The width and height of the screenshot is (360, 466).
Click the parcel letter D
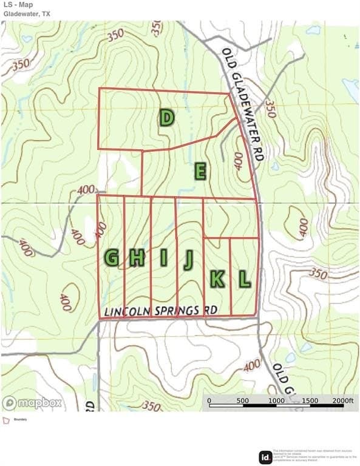[x=167, y=117]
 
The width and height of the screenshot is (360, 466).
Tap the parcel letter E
[x=200, y=172]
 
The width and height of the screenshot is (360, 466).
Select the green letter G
[x=111, y=258]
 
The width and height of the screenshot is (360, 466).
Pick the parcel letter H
[x=137, y=258]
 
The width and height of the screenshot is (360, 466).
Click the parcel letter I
[x=163, y=258]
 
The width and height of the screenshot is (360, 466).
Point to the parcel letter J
[x=188, y=259]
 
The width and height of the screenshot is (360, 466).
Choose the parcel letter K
[x=217, y=279]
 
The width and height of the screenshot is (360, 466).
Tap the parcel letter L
[x=244, y=279]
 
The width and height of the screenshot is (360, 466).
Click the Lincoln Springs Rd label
[x=161, y=311]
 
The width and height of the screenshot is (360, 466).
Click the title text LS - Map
[x=19, y=5]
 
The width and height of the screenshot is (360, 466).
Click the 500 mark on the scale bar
[x=243, y=400]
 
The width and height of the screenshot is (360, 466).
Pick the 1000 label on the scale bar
[x=276, y=400]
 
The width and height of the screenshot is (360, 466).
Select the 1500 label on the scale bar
[x=310, y=400]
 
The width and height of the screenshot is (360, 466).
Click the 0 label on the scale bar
[x=209, y=400]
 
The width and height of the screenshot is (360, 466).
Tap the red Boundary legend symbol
[x=6, y=419]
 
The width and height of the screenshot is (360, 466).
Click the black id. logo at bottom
[x=265, y=457]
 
